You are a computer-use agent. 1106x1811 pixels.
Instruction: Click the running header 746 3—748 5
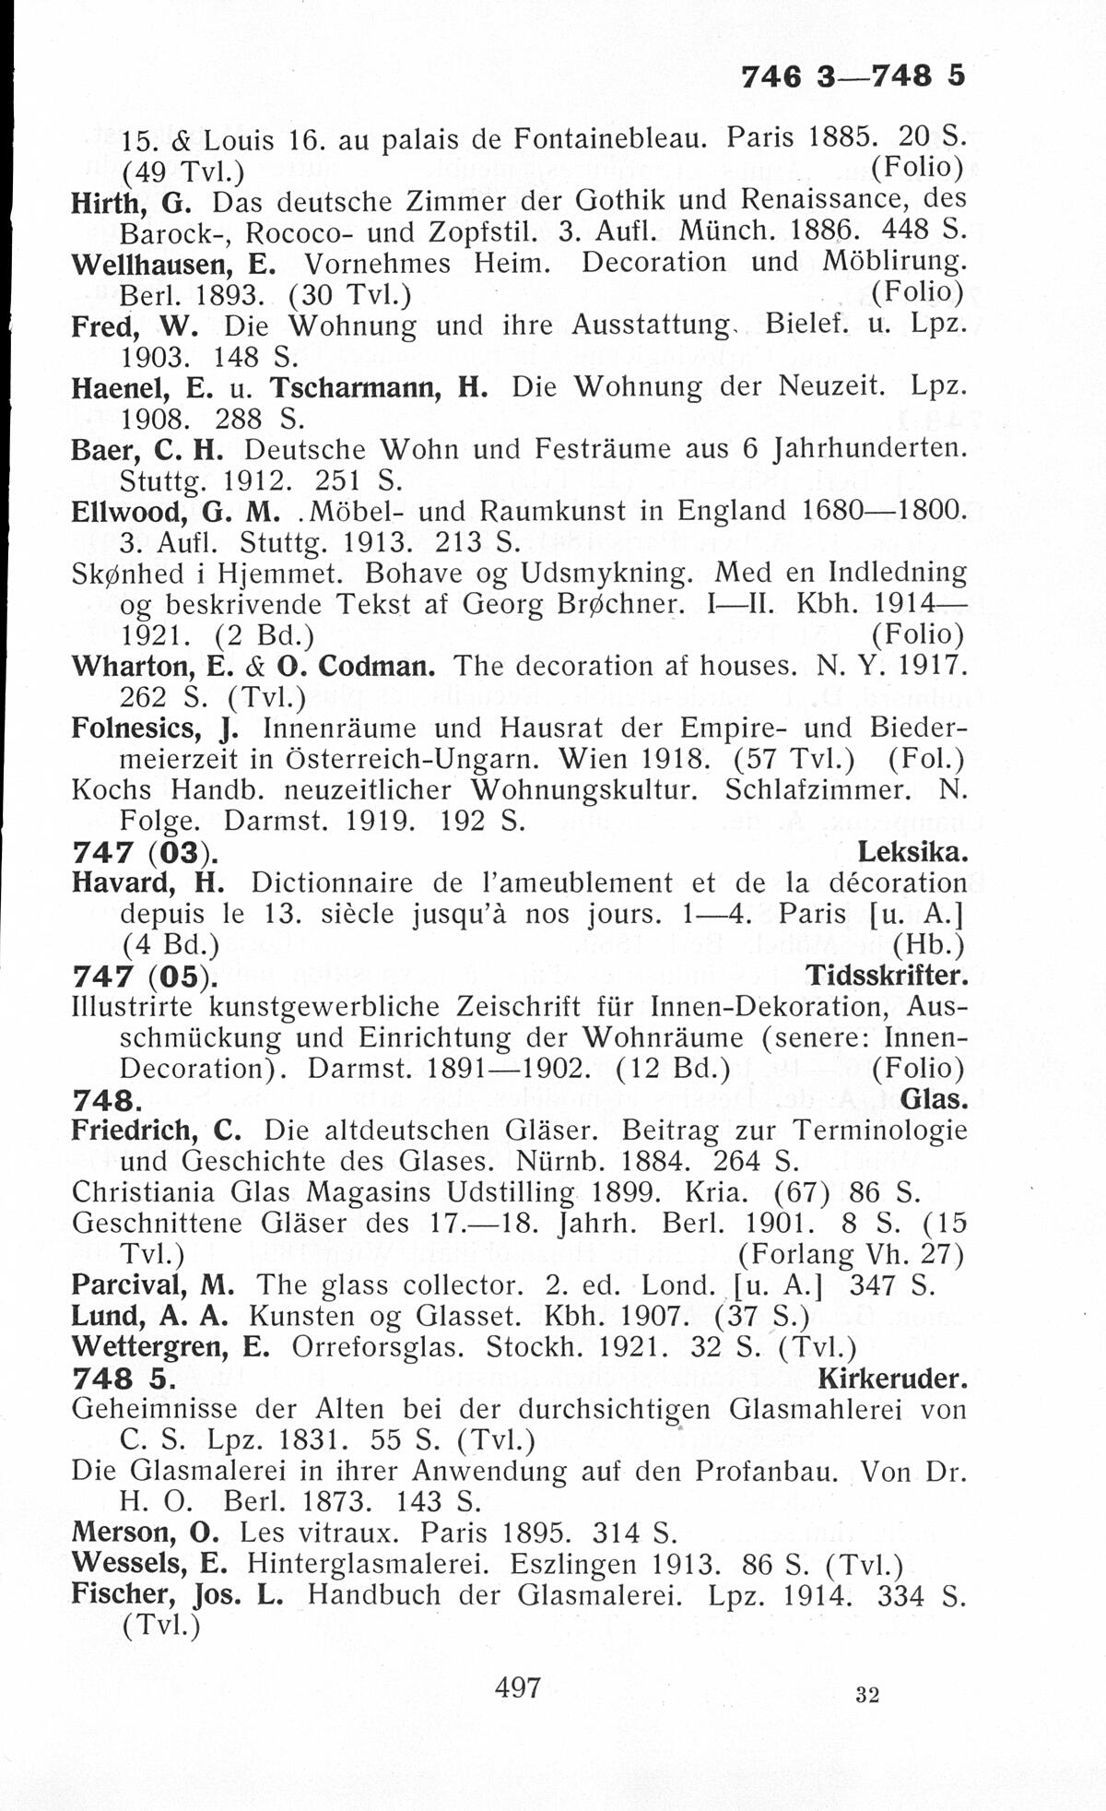pos(853,76)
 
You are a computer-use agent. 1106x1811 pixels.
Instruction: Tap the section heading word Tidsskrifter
pos(886,976)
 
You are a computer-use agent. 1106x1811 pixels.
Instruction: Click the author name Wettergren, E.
pos(171,1347)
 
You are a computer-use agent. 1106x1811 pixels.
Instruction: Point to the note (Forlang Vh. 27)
pos(851,1254)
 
